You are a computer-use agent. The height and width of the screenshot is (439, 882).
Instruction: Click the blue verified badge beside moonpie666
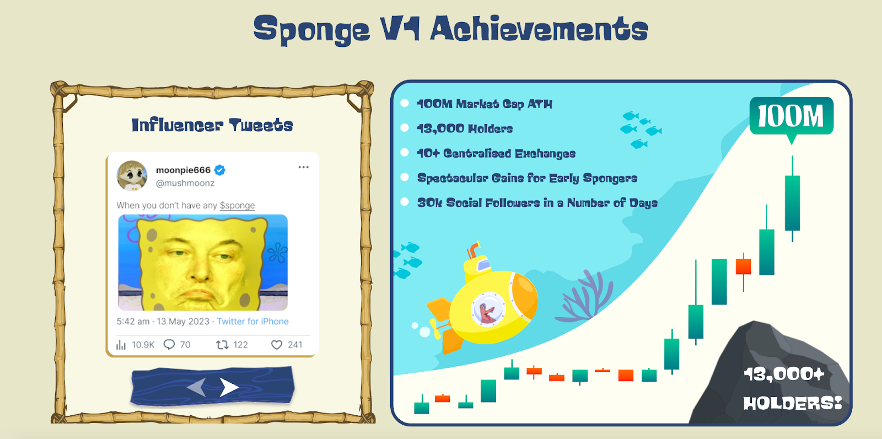pos(219,170)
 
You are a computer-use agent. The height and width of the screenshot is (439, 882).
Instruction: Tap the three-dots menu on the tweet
pos(303,167)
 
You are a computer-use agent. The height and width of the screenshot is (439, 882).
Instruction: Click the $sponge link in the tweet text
pos(237,205)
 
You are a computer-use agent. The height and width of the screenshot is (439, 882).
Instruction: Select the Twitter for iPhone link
pos(252,321)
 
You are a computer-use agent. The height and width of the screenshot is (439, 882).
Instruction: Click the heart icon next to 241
pos(277,345)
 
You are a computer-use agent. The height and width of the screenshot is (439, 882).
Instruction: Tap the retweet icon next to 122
pos(222,345)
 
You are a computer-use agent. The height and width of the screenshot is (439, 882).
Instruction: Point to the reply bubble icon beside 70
pos(169,345)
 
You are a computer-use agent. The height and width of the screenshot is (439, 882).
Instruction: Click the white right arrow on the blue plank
pos(229,387)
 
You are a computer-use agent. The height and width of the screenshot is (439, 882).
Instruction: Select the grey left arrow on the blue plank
pos(197,387)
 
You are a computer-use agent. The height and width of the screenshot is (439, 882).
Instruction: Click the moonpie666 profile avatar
pos(132,175)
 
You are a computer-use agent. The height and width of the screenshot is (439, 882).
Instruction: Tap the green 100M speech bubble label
pos(791,116)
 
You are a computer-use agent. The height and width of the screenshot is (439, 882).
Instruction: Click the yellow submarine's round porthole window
pos(487,309)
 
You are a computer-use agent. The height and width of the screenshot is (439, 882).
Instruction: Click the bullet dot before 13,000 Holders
pos(405,128)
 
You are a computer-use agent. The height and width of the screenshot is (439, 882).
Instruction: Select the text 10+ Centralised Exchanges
pos(496,153)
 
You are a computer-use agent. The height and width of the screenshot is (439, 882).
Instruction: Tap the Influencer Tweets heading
pos(212,125)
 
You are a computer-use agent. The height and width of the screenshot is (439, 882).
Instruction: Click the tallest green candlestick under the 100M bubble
pos(792,202)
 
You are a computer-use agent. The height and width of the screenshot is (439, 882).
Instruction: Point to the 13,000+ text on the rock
pos(784,374)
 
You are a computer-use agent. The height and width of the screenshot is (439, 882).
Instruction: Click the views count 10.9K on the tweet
pos(143,345)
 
